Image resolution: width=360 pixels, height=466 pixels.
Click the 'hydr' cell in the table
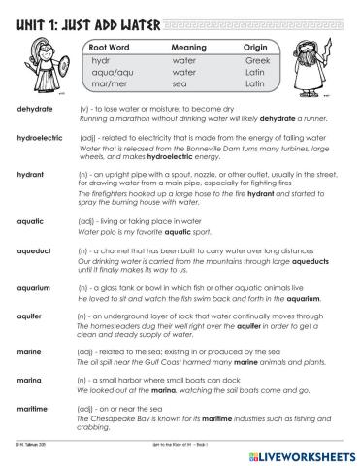(x=100, y=59)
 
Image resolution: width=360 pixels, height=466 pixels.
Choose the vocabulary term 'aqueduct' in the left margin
(x=35, y=250)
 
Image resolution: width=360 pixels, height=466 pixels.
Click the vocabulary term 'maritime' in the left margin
(x=33, y=411)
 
